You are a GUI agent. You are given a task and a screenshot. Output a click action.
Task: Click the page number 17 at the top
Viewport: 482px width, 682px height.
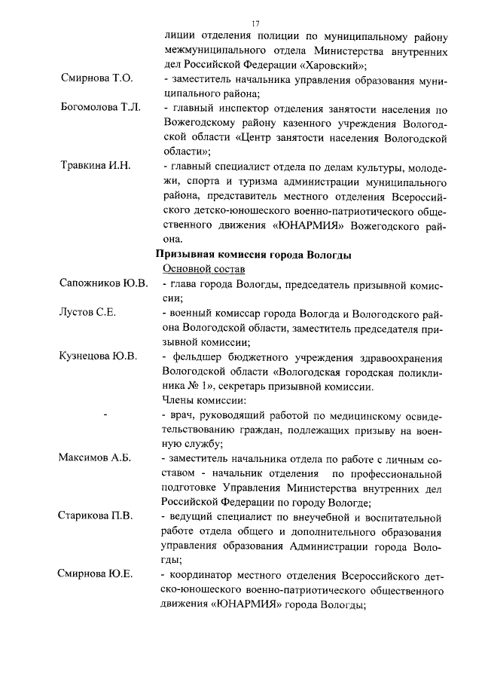click(255, 23)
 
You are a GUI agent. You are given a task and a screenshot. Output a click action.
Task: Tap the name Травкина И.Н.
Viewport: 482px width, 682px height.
click(96, 166)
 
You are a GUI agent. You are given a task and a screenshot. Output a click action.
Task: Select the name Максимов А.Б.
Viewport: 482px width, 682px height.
click(95, 458)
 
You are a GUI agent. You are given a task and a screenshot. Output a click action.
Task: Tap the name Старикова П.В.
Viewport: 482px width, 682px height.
click(96, 516)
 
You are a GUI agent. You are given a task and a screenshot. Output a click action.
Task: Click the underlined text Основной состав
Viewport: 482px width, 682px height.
click(203, 269)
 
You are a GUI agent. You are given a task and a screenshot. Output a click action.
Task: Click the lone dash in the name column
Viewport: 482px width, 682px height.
click(105, 415)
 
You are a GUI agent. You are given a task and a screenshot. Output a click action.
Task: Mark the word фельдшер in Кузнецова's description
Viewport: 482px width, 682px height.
click(198, 356)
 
